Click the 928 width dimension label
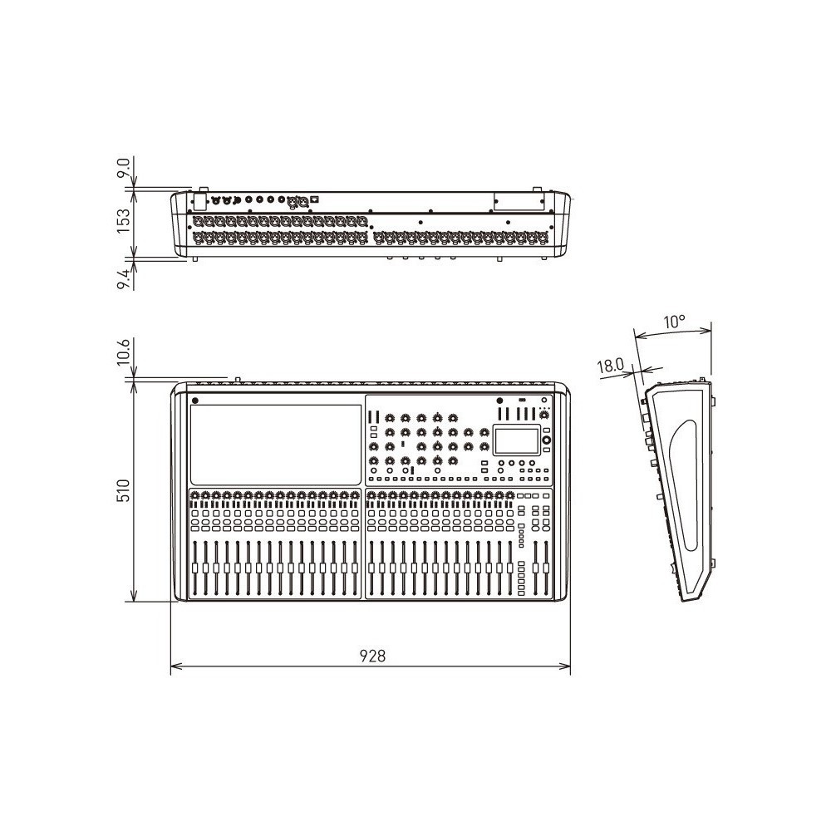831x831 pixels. click(x=372, y=656)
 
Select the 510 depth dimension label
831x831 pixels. click(x=123, y=490)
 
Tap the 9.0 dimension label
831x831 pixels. click(x=123, y=169)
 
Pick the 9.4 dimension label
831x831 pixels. click(x=123, y=278)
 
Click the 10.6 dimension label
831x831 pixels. click(x=123, y=352)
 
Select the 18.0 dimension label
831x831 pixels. click(x=611, y=365)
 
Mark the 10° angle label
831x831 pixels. click(x=674, y=321)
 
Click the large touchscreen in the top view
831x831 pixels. click(x=276, y=445)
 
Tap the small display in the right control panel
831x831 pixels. click(x=516, y=440)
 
